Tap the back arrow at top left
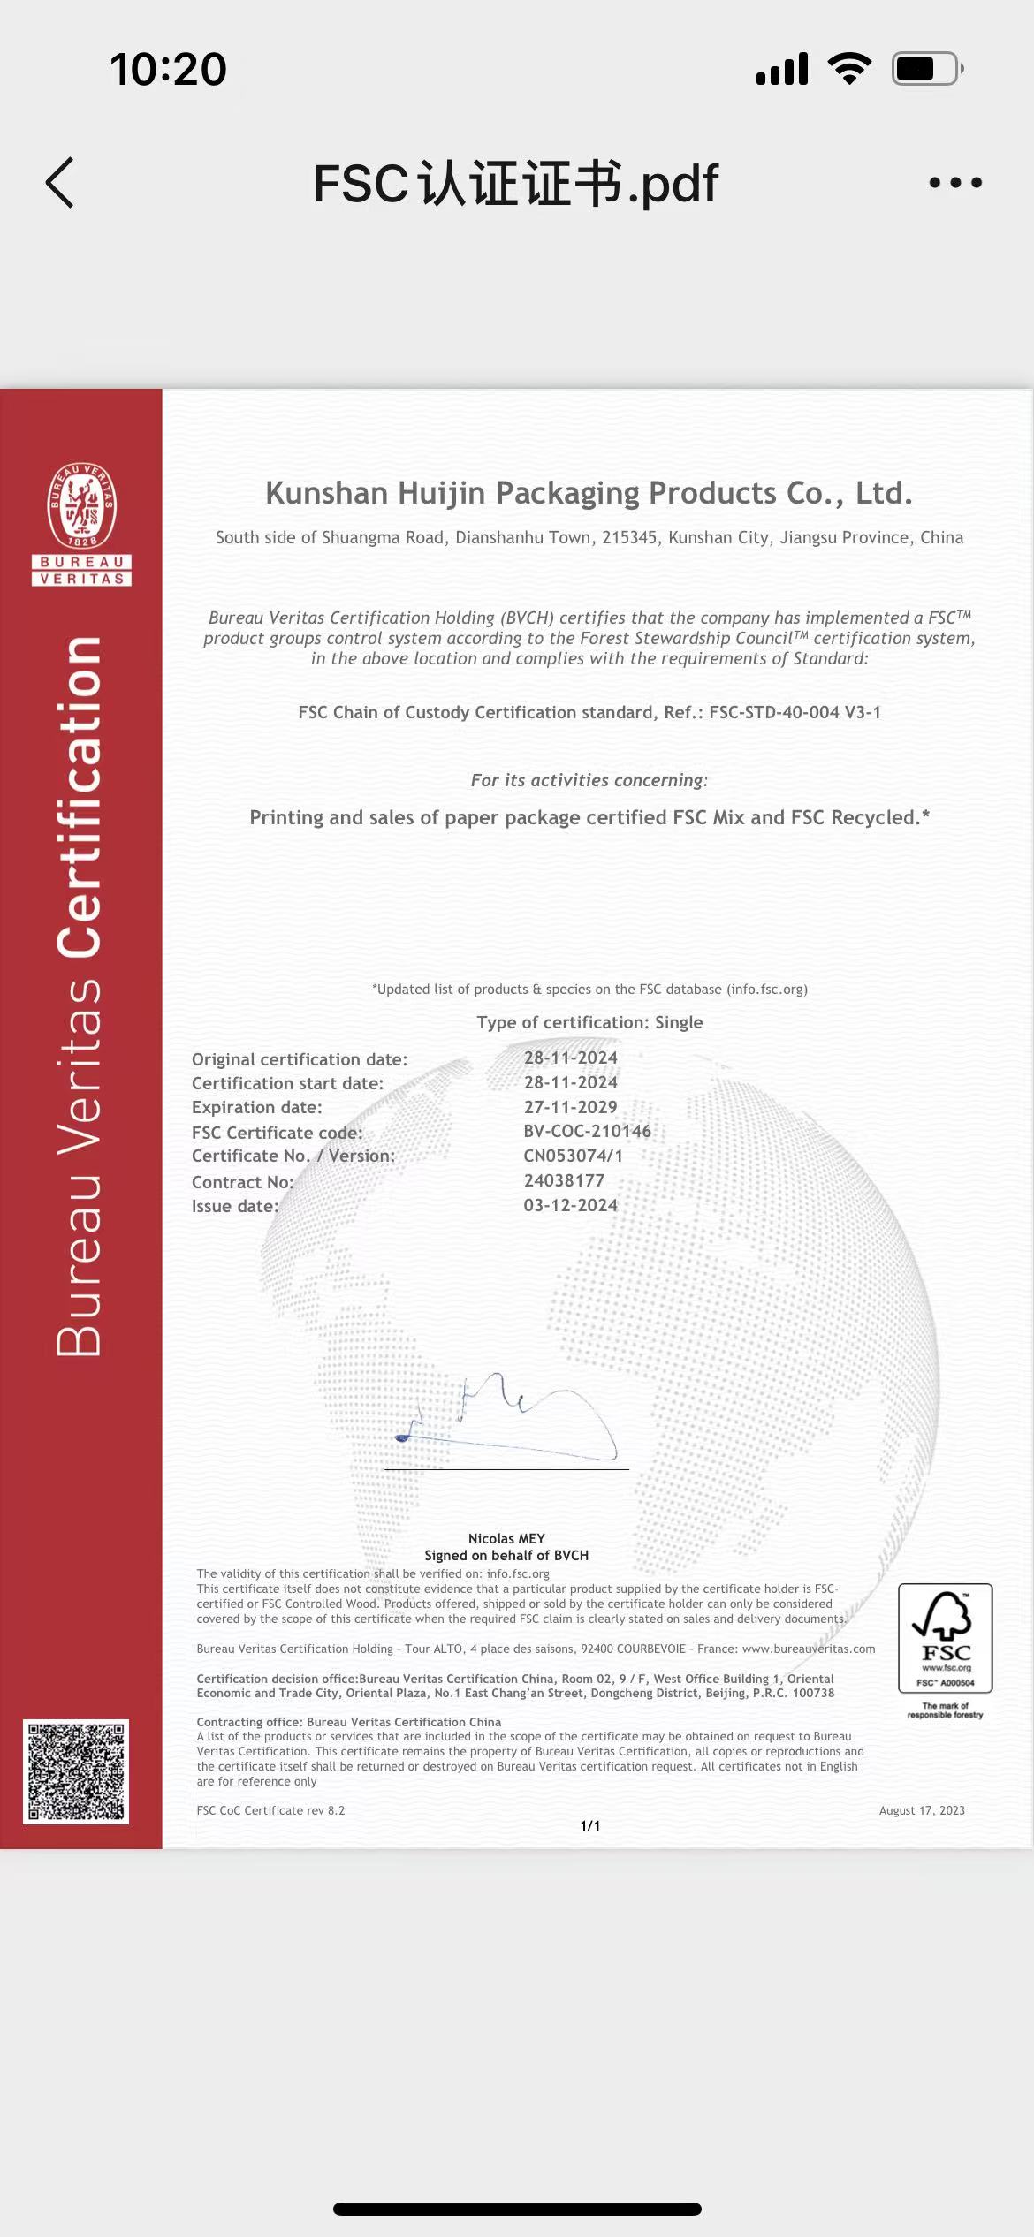pos(60,183)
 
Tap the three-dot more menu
pos(955,183)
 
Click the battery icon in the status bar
pos(926,69)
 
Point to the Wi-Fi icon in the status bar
pos(849,68)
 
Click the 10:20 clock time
pos(168,69)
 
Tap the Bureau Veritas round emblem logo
pos(81,506)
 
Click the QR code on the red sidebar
pos(76,1771)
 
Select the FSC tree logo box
pos(945,1637)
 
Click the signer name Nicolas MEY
pos(506,1538)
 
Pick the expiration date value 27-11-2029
pos(570,1107)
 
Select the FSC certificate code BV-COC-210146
pos(587,1131)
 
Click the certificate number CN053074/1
pos(573,1156)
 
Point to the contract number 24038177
pos(564,1180)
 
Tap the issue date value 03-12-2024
pos(570,1205)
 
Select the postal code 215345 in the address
pos(630,537)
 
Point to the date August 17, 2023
pos(922,1810)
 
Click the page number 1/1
pos(590,1825)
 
